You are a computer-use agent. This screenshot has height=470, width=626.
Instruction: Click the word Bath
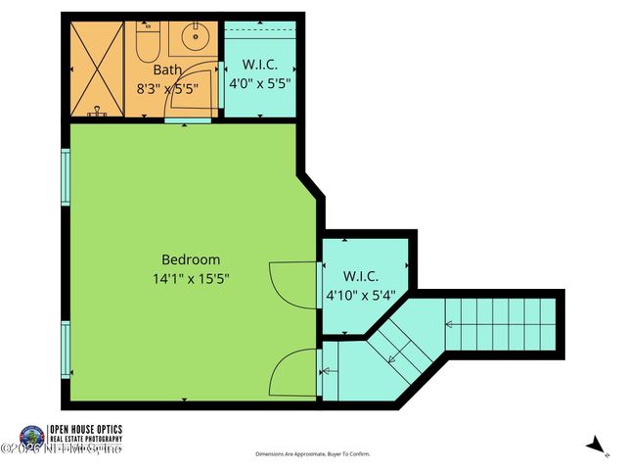pyautogui.click(x=166, y=70)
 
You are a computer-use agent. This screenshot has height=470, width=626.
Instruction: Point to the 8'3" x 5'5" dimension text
pyautogui.click(x=167, y=87)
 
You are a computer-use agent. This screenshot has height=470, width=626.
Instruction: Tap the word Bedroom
pyautogui.click(x=191, y=259)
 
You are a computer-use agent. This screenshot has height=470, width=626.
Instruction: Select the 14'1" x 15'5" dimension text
pyautogui.click(x=191, y=278)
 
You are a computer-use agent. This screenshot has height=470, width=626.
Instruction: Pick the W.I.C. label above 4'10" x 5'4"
pyautogui.click(x=361, y=276)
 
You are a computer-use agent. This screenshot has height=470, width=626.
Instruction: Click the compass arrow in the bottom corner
pyautogui.click(x=595, y=445)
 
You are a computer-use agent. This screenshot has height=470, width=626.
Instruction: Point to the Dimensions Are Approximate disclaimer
pyautogui.click(x=313, y=454)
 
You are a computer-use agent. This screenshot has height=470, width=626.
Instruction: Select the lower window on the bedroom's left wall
pyautogui.click(x=66, y=349)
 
